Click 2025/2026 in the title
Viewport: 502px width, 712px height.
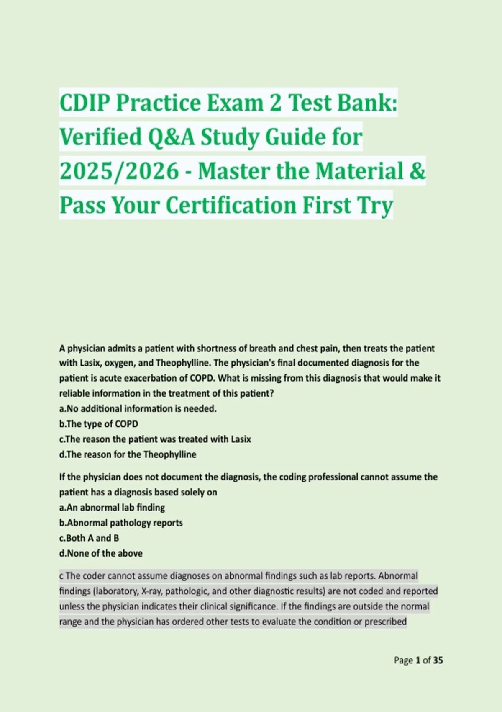pos(119,171)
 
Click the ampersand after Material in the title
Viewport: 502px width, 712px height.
pos(417,171)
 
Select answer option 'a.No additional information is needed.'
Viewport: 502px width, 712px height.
pos(138,408)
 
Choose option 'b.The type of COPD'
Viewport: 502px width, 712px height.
pos(99,424)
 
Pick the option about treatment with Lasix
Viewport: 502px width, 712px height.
pos(155,439)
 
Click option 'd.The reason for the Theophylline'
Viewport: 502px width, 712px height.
pos(128,454)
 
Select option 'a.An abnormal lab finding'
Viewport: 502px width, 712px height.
pos(112,508)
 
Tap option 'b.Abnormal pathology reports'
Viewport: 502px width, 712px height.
pos(121,523)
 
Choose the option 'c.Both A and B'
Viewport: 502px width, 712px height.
pos(89,538)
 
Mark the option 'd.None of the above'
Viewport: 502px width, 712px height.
pos(101,553)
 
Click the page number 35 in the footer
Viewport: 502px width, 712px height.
pos(438,660)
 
